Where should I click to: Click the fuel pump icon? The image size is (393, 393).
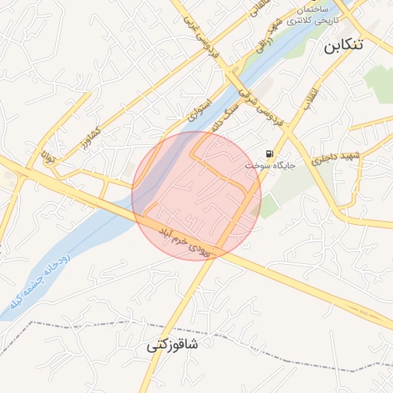click(269, 154)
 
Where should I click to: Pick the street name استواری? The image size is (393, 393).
click(197, 108)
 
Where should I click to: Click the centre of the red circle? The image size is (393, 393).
click(196, 196)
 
